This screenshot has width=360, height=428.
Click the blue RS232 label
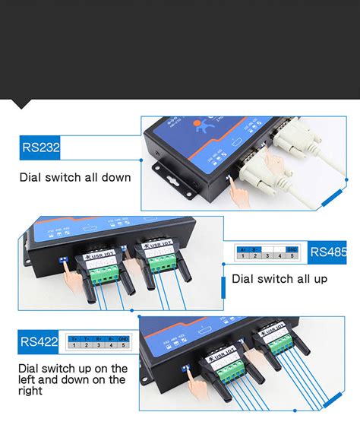click(x=40, y=147)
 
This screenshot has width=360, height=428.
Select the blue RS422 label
click(x=39, y=341)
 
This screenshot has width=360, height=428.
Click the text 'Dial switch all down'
click(x=75, y=178)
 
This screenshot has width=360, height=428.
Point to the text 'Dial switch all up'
click(x=279, y=279)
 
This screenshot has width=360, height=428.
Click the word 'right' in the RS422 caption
click(x=32, y=391)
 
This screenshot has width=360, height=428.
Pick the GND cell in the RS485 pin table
click(x=292, y=249)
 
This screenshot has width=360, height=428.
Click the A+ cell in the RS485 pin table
click(x=242, y=249)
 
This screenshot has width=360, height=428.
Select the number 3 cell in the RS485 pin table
click(x=267, y=256)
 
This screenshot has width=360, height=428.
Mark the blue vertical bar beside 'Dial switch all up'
click(x=222, y=287)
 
